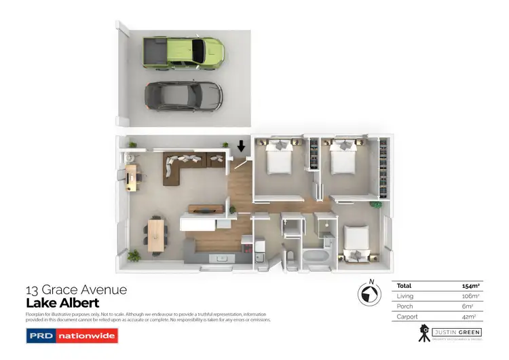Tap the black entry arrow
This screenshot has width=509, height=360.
click(241, 147)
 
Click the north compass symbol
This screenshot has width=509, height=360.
click(369, 294)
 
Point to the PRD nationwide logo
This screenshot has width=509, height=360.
click(71, 336)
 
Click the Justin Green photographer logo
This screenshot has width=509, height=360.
click(449, 334)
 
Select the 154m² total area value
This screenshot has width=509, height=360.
click(471, 287)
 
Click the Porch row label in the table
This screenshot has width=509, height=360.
click(404, 306)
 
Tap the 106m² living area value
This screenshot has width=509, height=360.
click(471, 296)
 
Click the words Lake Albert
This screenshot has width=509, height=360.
click(62, 303)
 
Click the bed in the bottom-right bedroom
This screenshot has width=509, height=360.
click(355, 243)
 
